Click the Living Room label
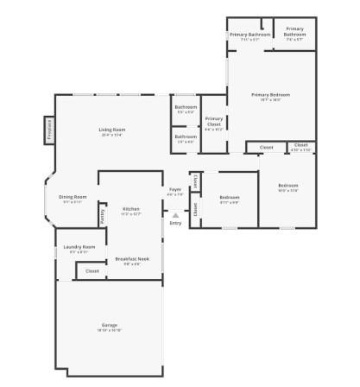click(x=111, y=130)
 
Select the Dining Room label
click(x=73, y=197)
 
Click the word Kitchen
click(x=131, y=209)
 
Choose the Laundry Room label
click(x=79, y=247)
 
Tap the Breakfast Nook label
click(x=132, y=259)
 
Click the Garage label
click(x=109, y=325)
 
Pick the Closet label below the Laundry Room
click(x=92, y=271)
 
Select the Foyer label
click(x=174, y=189)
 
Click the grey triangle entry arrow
click(x=175, y=215)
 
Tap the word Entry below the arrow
click(x=175, y=223)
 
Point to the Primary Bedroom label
click(x=270, y=94)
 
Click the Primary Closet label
click(x=214, y=121)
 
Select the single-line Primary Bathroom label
click(x=250, y=35)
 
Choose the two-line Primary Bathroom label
click(x=294, y=31)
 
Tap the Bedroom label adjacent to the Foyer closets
click(x=229, y=198)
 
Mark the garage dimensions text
click(x=109, y=331)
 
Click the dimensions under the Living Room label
click(x=111, y=136)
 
